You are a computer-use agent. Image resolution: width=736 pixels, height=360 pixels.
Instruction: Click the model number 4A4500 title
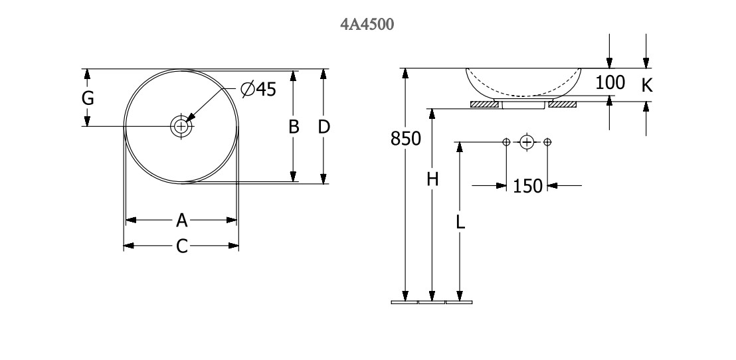coord(367,25)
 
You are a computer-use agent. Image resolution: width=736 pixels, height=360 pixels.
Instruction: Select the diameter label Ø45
coord(258,89)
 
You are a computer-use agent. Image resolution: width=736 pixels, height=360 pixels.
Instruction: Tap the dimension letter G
coord(88,98)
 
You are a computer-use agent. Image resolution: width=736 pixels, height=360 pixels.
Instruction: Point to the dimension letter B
coord(294,126)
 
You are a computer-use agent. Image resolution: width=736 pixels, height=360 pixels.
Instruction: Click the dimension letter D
coord(323,126)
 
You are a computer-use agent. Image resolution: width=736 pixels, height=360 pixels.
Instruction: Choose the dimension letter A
coord(181,220)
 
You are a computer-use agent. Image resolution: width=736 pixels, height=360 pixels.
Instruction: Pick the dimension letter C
coord(181,246)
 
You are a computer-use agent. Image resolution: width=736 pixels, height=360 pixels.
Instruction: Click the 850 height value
coord(405,139)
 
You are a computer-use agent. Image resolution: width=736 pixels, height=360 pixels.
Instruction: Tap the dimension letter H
coord(432,179)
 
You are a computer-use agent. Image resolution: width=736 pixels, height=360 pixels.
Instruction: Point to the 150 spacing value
coord(527,186)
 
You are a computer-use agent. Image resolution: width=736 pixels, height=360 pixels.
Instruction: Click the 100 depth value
coord(610,83)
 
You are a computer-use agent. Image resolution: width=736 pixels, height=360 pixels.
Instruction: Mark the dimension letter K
coord(647,85)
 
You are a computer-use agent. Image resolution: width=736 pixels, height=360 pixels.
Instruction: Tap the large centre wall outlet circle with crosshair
coord(527,141)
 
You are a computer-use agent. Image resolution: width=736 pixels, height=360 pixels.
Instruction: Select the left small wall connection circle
coord(506,141)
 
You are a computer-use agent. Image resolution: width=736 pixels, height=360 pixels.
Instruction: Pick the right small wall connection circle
coord(547,141)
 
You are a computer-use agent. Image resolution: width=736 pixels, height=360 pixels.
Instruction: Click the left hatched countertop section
coord(484,104)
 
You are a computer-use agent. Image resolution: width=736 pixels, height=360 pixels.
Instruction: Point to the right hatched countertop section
coord(563,104)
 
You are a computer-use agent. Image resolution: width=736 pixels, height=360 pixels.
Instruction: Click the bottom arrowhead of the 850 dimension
coord(405,296)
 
